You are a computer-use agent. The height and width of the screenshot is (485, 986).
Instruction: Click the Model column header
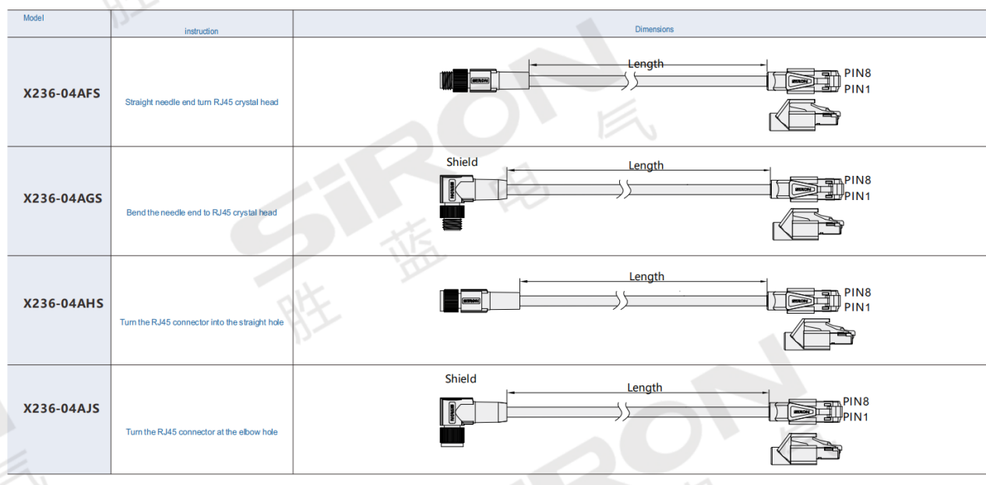[x=33, y=18]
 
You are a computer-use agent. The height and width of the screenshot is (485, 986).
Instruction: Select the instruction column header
[x=201, y=31]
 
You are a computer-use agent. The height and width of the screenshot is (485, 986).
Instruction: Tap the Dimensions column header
[x=654, y=29]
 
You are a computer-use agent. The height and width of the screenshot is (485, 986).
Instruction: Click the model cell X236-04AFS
[x=62, y=93]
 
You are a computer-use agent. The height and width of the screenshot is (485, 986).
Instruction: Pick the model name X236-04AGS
[x=62, y=199]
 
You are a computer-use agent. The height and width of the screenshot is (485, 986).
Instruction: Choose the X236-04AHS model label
[x=63, y=304]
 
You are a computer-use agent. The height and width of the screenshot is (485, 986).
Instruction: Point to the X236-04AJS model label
[x=62, y=409]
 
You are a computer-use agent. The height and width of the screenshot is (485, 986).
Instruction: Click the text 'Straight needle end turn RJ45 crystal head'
[x=202, y=102]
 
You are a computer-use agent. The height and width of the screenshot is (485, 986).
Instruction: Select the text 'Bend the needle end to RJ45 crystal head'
[x=202, y=213]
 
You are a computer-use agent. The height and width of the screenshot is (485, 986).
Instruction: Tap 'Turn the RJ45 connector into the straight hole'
[x=202, y=322]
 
